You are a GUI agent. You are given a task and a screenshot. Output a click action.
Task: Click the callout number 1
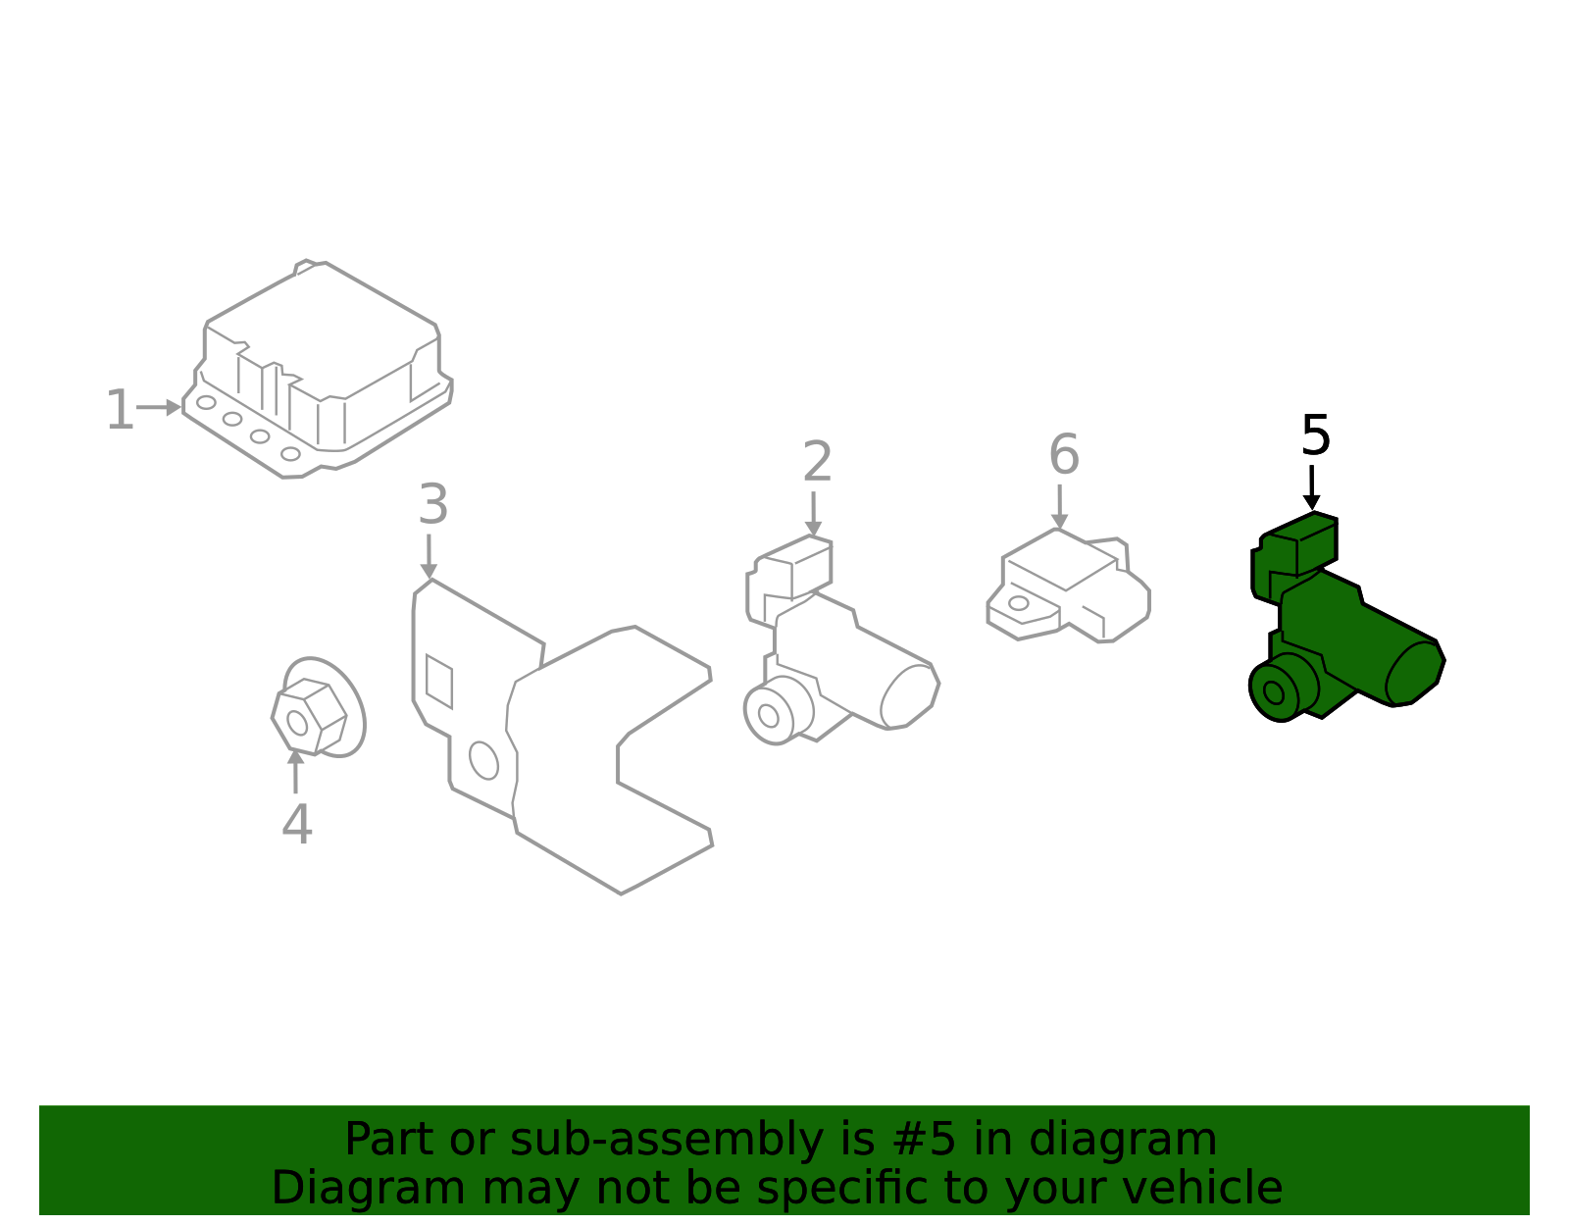[120, 409]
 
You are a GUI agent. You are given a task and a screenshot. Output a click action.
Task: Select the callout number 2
[818, 461]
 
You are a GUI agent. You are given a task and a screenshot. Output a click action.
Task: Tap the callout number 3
[433, 504]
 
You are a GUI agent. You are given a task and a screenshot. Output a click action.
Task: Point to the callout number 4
[297, 824]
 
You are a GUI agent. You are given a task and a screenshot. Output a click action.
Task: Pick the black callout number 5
[1315, 435]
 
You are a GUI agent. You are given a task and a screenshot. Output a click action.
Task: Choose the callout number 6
[1064, 454]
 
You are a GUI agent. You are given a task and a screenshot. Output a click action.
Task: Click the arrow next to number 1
[158, 407]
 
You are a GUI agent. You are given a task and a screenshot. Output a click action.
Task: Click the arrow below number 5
[1311, 487]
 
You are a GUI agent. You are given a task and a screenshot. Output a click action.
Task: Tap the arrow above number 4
[295, 772]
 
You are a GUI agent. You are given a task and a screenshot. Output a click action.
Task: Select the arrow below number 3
[429, 556]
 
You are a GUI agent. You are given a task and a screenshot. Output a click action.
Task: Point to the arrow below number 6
[1059, 507]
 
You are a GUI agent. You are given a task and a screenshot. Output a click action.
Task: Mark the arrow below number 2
[813, 514]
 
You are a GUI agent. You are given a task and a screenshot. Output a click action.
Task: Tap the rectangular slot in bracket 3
[439, 682]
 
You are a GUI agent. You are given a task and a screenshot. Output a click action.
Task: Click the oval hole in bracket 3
[483, 761]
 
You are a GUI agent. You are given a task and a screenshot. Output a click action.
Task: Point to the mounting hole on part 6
[1018, 603]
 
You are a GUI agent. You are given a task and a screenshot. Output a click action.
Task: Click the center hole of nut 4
[297, 723]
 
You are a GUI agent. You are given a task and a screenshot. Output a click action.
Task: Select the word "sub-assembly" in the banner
[666, 1140]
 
